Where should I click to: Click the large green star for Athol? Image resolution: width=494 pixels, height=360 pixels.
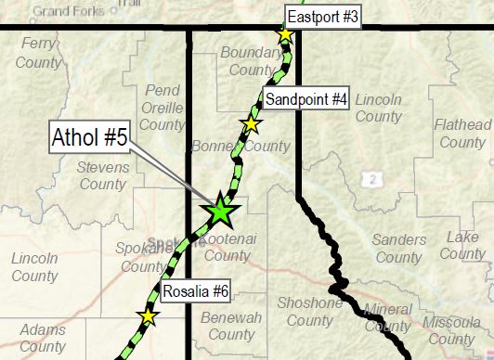(x=221, y=212)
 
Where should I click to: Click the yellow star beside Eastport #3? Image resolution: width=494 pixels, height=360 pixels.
(x=285, y=35)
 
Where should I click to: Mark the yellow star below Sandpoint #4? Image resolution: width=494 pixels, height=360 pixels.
(x=250, y=123)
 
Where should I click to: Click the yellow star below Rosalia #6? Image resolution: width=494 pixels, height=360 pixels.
(x=148, y=316)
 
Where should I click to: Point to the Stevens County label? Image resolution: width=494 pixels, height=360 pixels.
(x=101, y=175)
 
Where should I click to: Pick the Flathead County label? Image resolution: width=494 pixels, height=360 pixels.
(x=461, y=134)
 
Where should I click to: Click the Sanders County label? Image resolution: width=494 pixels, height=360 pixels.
(x=397, y=248)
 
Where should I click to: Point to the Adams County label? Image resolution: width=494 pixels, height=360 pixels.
(x=43, y=338)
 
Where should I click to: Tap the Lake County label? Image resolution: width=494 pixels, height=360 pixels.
(x=463, y=245)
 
